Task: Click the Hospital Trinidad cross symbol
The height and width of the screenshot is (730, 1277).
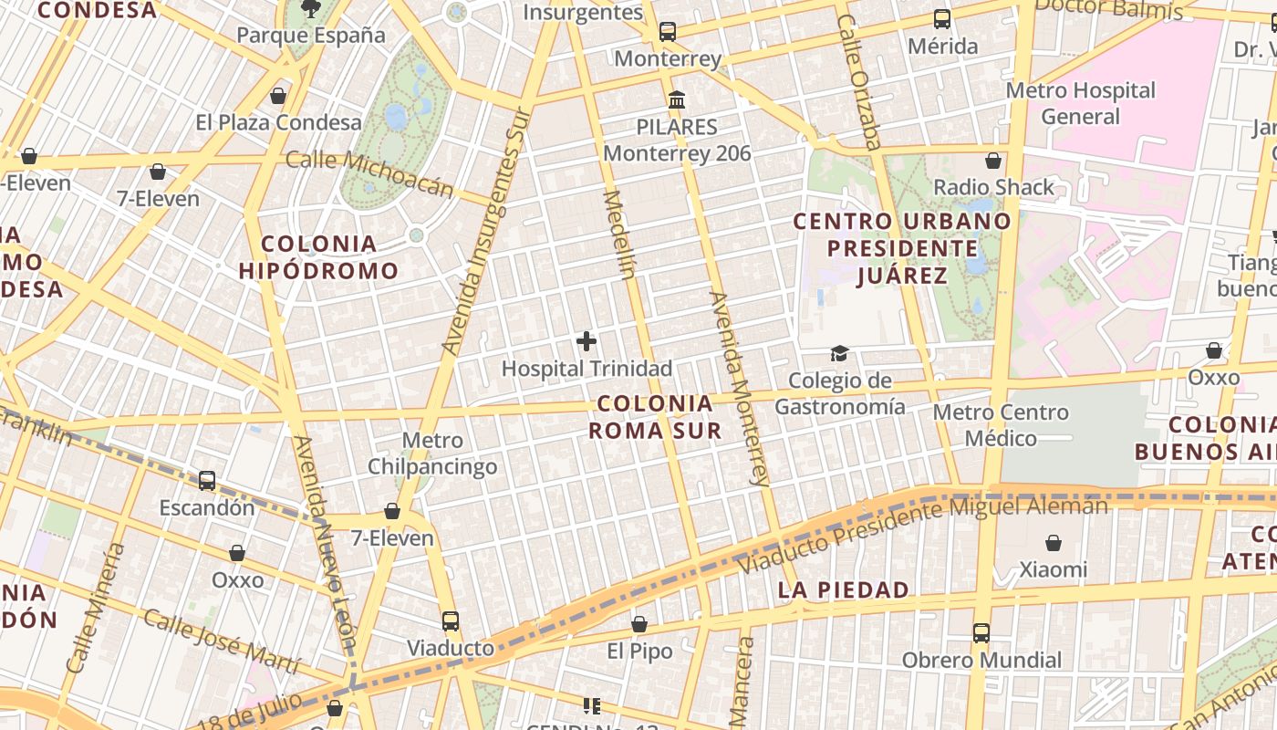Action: [587, 342]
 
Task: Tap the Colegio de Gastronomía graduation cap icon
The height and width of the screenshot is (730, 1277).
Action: [839, 353]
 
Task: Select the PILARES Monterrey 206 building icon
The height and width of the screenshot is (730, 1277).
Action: [677, 99]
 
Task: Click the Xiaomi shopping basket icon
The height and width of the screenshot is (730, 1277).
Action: [1054, 543]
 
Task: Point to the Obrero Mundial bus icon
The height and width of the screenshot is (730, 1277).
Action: [981, 632]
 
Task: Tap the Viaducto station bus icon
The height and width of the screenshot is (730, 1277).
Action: [451, 621]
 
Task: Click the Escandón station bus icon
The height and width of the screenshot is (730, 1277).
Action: [207, 480]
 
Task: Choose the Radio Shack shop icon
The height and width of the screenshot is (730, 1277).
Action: [993, 161]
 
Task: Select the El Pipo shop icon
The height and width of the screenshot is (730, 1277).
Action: [639, 624]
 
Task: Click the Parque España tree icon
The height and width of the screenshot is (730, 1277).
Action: [311, 9]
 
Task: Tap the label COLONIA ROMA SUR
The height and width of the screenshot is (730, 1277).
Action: [655, 417]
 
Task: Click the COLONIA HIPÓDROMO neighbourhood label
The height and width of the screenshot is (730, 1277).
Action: [319, 257]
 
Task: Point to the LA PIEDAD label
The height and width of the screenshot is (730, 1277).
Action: [844, 590]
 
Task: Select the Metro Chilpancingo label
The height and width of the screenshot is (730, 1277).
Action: [432, 454]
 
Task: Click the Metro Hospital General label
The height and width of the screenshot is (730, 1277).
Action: [1081, 103]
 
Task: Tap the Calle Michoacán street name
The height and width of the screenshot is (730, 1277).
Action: [369, 172]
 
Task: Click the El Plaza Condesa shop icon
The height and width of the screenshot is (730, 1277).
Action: [278, 96]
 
